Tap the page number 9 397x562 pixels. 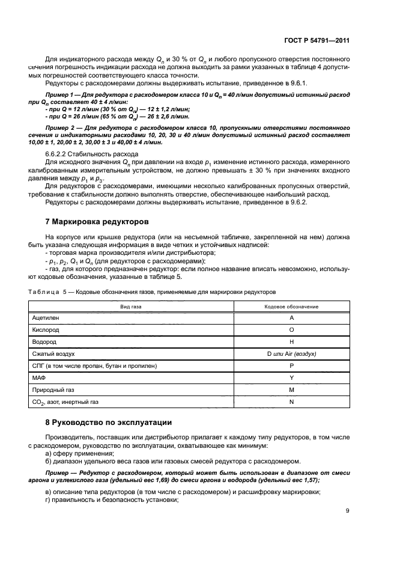pyautogui.click(x=348, y=511)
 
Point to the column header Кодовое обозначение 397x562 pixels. pyautogui.click(x=291, y=307)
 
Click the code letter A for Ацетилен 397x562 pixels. pyautogui.click(x=291, y=317)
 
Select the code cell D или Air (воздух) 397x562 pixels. pyautogui.click(x=291, y=353)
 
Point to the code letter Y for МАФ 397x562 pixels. pyautogui.click(x=291, y=377)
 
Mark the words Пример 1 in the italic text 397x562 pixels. pyautogui.click(x=61, y=96)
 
